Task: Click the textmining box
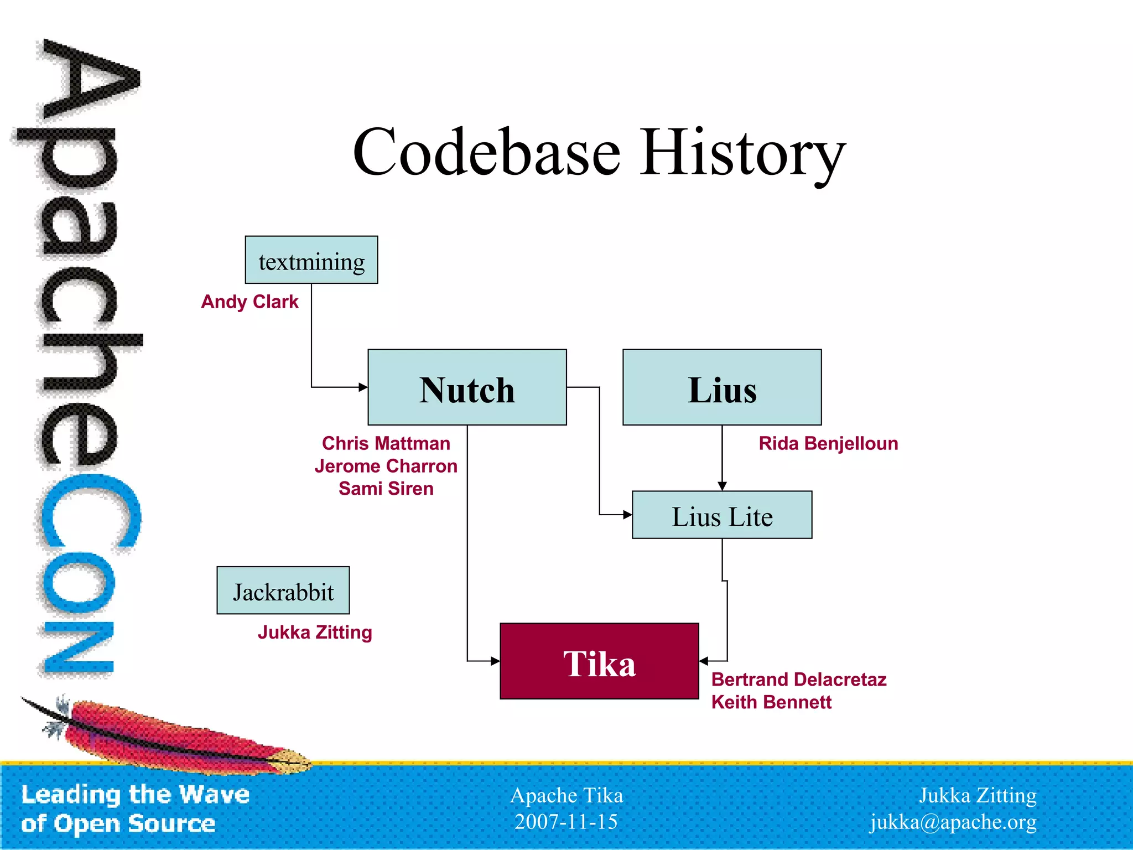(311, 260)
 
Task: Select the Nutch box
(467, 387)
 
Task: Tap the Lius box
(722, 387)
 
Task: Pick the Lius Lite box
(722, 515)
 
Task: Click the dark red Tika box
(599, 661)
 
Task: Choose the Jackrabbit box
(283, 590)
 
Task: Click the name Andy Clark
(250, 302)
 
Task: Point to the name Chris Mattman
(386, 444)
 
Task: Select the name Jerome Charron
(386, 467)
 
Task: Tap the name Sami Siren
(386, 489)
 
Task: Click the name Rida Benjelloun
(828, 444)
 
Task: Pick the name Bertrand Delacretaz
(799, 680)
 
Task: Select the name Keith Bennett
(771, 702)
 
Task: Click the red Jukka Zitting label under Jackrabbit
(315, 633)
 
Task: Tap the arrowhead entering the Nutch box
(363, 387)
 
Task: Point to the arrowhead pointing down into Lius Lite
(722, 486)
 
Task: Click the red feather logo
(177, 736)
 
